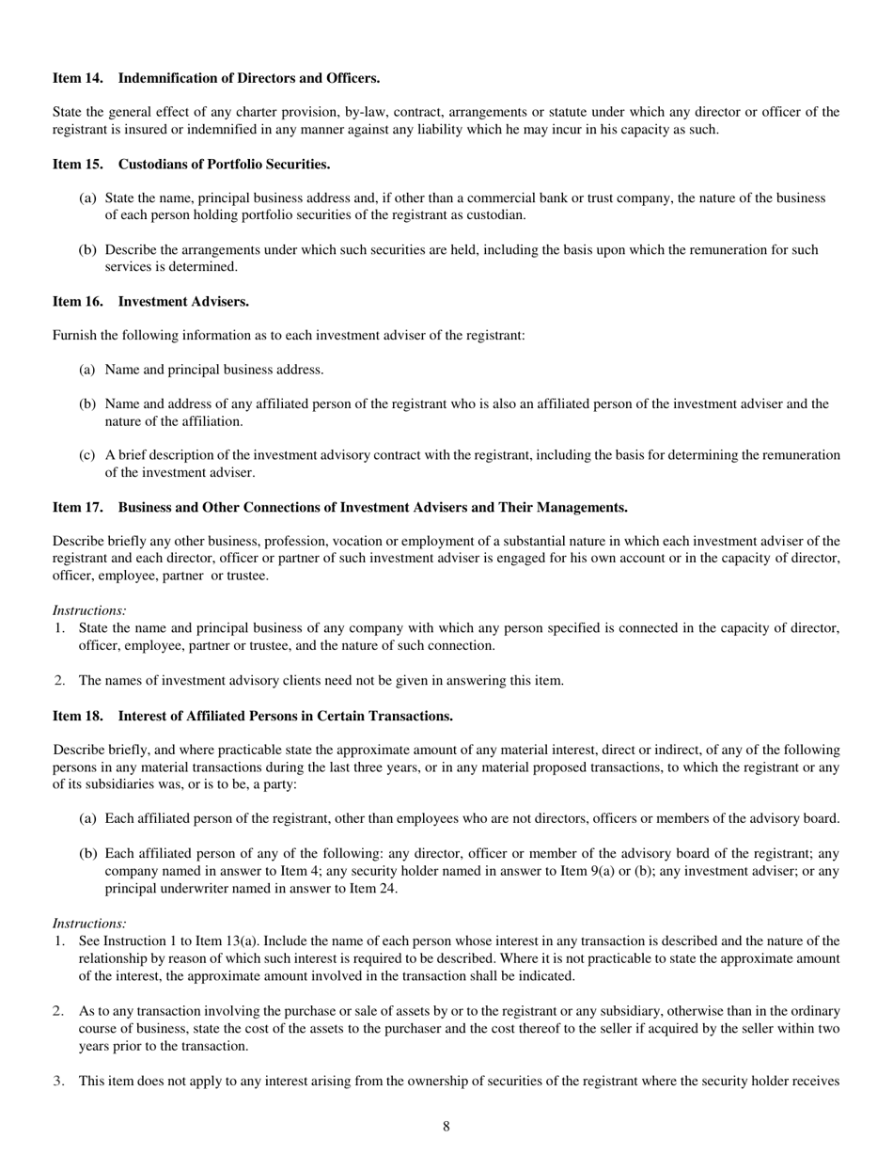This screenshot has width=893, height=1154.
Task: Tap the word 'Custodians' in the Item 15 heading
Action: pos(151,165)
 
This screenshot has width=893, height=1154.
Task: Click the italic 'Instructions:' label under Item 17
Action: pos(89,611)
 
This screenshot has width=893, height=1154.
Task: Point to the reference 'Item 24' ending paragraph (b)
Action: pos(373,888)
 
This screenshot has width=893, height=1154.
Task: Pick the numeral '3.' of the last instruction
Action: pos(59,1082)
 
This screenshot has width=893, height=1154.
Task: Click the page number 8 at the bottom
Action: pos(446,1127)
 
